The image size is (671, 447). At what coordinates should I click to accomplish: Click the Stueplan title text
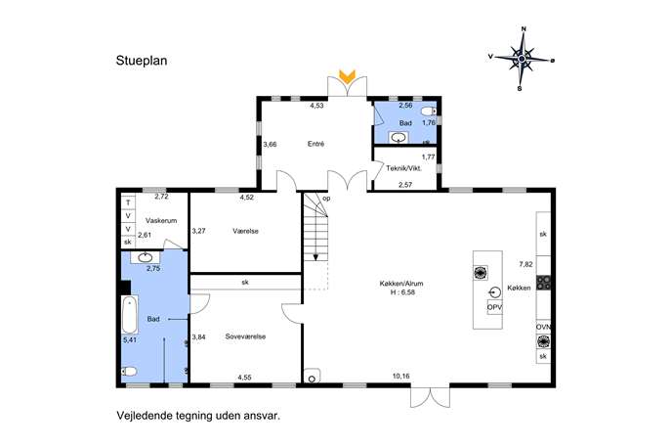[x=142, y=61]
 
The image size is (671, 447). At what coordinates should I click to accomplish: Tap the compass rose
[x=522, y=59]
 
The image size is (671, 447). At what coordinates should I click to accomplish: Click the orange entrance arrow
[x=347, y=76]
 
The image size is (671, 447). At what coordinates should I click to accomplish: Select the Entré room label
[x=315, y=145]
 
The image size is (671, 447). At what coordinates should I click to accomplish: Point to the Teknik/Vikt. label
[x=404, y=168]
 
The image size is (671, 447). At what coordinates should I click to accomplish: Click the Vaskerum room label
[x=161, y=221]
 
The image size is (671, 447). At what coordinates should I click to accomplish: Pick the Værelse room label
[x=245, y=231]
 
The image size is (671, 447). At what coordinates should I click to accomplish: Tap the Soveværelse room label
[x=245, y=336]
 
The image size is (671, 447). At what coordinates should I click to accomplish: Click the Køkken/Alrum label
[x=401, y=284]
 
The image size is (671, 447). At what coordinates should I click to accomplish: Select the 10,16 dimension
[x=401, y=377]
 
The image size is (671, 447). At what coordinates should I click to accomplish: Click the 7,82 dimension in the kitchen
[x=525, y=264]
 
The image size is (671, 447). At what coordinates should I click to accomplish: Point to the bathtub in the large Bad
[x=129, y=315]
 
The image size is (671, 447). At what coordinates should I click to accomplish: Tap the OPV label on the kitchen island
[x=494, y=307]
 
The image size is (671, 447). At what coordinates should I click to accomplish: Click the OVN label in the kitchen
[x=543, y=327]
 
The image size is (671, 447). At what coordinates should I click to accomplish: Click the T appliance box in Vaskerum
[x=128, y=202]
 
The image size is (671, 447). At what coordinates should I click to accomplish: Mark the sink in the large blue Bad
[x=145, y=257]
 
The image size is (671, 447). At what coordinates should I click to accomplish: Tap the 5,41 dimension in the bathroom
[x=130, y=340]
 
